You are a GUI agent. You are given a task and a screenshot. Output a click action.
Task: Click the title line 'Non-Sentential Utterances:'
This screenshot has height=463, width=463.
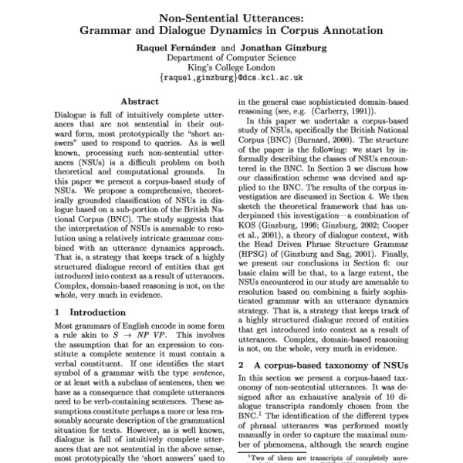[231, 19]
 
